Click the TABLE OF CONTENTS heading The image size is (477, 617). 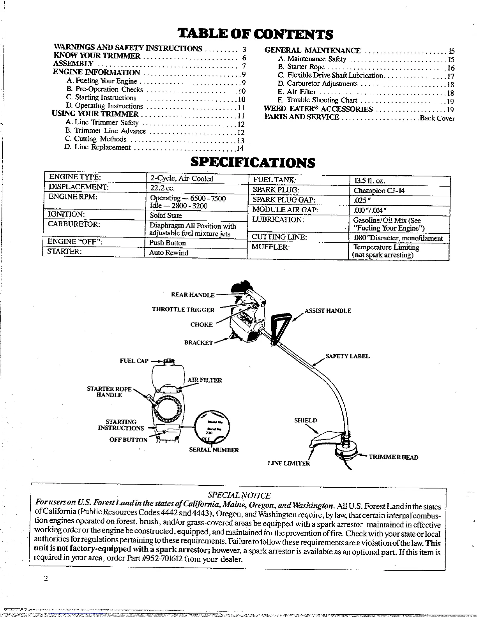[x=255, y=34]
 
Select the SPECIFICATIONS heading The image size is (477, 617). [x=253, y=162]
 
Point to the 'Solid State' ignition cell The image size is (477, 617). [x=166, y=215]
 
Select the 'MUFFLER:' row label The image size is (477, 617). [x=270, y=247]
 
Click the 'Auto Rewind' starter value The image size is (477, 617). [x=169, y=253]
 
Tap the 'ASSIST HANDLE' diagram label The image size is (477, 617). [x=328, y=311]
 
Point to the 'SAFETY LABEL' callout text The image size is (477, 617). [x=348, y=356]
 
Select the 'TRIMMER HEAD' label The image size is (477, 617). [x=393, y=457]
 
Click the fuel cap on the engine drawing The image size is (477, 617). [x=168, y=361]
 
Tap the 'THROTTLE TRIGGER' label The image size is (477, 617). [x=183, y=310]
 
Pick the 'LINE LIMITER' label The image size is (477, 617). [x=289, y=464]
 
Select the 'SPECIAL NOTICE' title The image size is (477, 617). [x=239, y=495]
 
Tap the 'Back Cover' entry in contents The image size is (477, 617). [x=437, y=118]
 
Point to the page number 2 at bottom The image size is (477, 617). [x=46, y=579]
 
